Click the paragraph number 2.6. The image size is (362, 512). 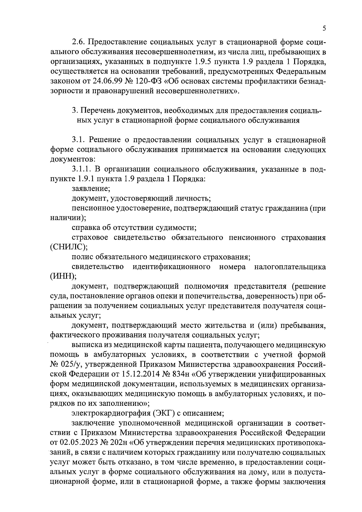79,42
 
